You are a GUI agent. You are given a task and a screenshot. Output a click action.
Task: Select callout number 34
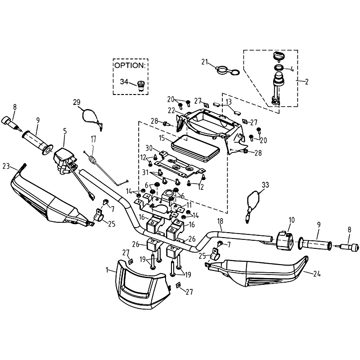pos(124,81)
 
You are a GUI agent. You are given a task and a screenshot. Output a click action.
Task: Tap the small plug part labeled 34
pos(140,86)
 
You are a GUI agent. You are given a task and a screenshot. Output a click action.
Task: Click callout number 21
pos(205,62)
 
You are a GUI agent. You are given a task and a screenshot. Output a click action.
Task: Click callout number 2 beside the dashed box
pos(307,81)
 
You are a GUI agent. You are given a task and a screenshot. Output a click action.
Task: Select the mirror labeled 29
pos(91,119)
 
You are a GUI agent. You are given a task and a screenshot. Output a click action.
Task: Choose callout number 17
pos(93,139)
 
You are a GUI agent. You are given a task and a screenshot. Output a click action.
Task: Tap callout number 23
pos(6,166)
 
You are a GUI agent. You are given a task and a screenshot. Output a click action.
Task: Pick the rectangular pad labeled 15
pos(195,147)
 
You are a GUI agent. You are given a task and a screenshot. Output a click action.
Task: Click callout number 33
pos(265,185)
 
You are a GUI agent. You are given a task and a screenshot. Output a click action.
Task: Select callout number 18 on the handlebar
pos(220,221)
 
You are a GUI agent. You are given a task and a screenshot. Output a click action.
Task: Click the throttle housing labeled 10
pos(284,241)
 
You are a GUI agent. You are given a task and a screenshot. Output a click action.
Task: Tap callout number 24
pos(317,274)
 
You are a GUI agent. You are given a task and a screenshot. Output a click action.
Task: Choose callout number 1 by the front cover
pos(107,270)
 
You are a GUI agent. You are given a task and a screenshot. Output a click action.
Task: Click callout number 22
pos(171,110)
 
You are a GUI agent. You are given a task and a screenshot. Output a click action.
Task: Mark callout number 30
pos(149,148)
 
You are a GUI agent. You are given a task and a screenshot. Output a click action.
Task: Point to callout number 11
pos(189,205)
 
